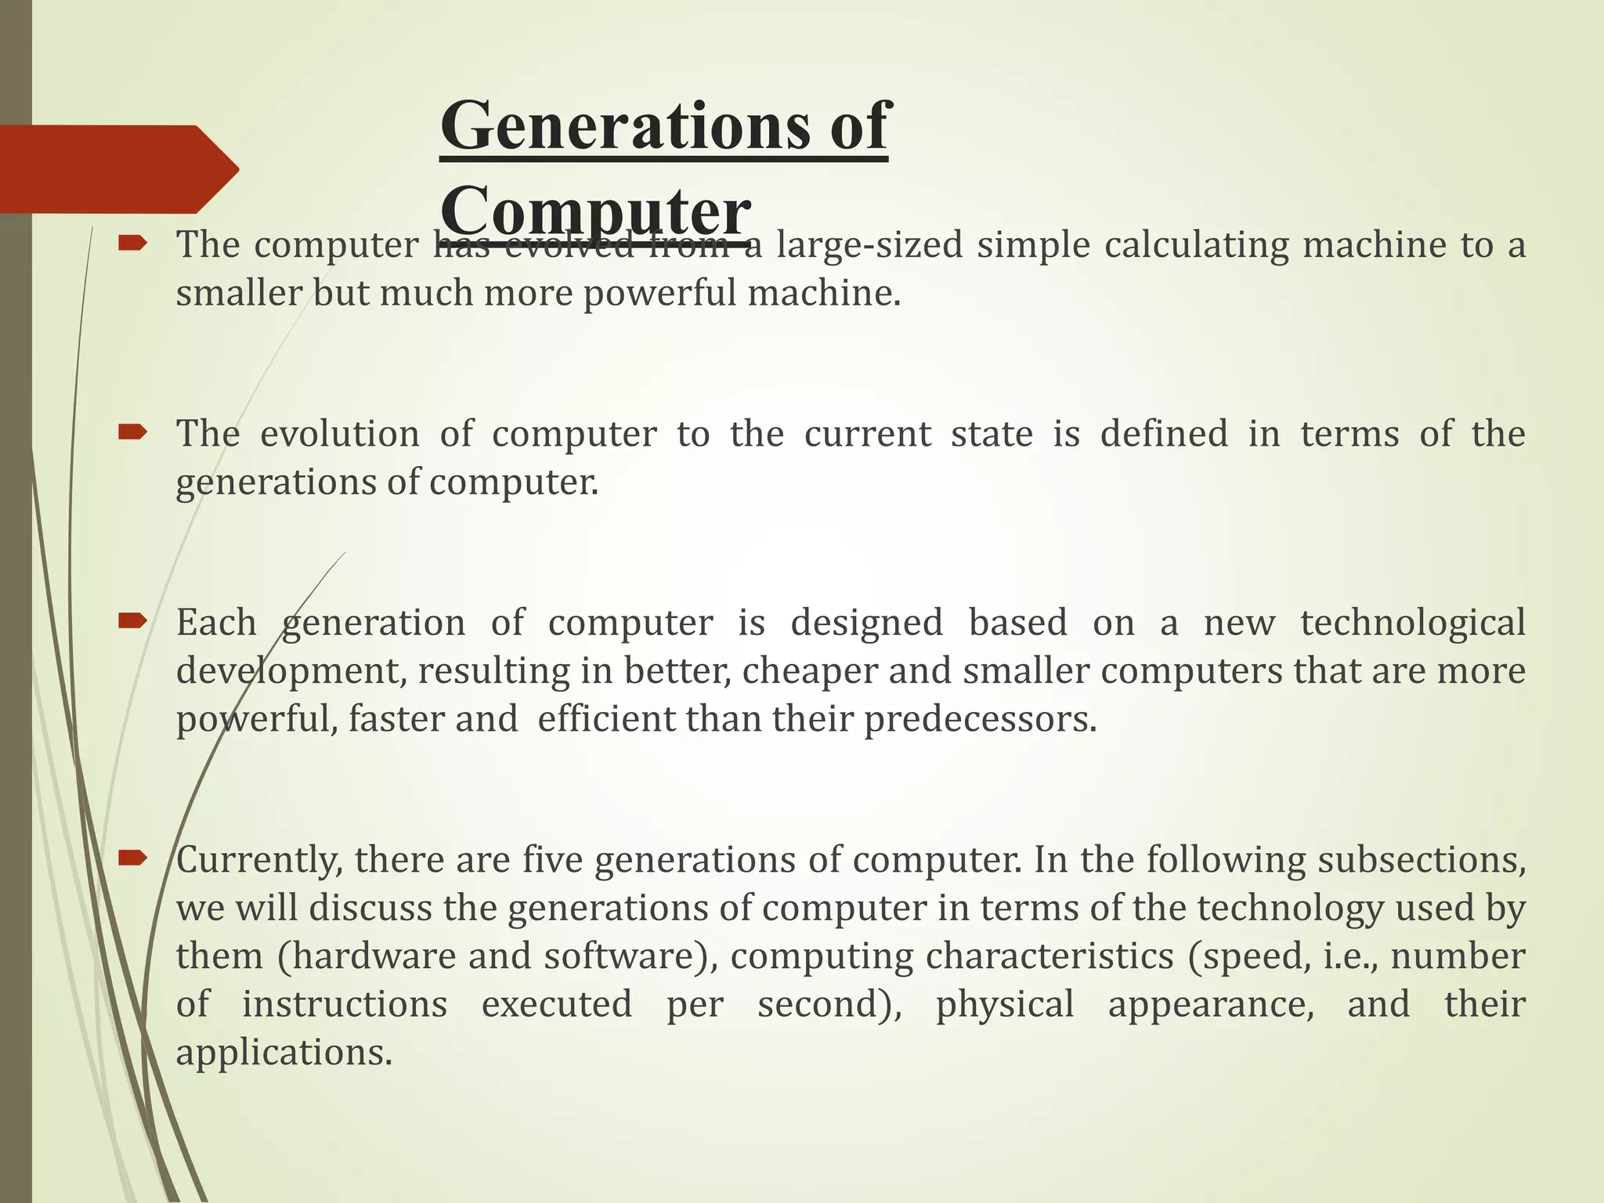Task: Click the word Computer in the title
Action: point(595,210)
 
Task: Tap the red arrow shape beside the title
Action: point(117,169)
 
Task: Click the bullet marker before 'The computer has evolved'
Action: point(132,244)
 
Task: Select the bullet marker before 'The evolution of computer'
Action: point(132,432)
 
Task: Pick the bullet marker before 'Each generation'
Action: point(132,622)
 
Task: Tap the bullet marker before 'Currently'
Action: point(132,858)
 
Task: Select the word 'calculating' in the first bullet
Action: point(1196,245)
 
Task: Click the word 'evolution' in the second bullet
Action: point(339,435)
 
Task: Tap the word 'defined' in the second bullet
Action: point(1164,435)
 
